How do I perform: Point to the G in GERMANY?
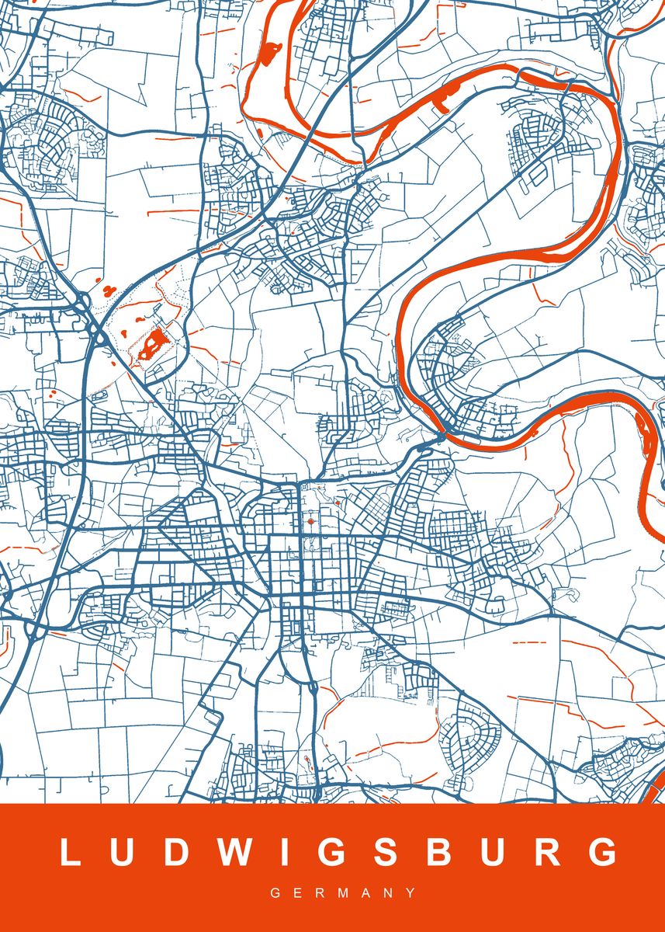click(x=275, y=893)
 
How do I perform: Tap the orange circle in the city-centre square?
click(x=310, y=522)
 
